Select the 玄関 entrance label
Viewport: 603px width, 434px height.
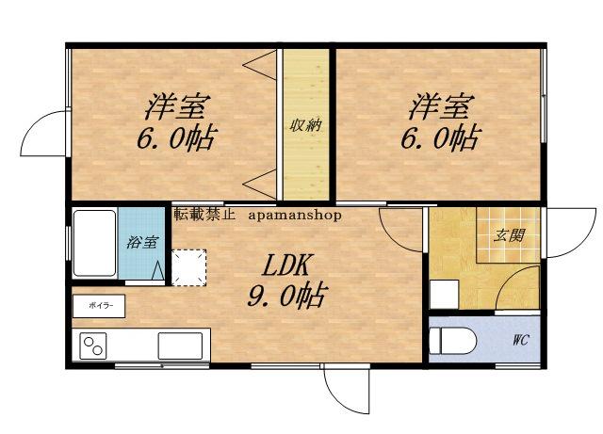[509, 235]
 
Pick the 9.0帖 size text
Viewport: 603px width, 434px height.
[285, 298]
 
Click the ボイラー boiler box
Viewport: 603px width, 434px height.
[98, 306]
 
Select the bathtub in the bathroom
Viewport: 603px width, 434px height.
[95, 243]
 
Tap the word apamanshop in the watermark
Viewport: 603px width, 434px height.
[296, 215]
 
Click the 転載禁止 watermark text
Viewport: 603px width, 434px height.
[199, 214]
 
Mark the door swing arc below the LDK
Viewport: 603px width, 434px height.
[344, 391]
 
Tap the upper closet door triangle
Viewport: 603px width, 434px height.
[257, 65]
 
